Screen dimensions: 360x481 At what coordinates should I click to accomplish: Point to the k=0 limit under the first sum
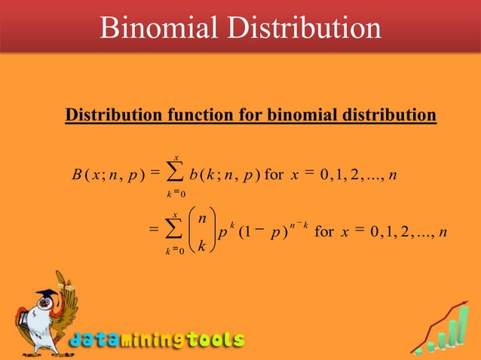[175, 194]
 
